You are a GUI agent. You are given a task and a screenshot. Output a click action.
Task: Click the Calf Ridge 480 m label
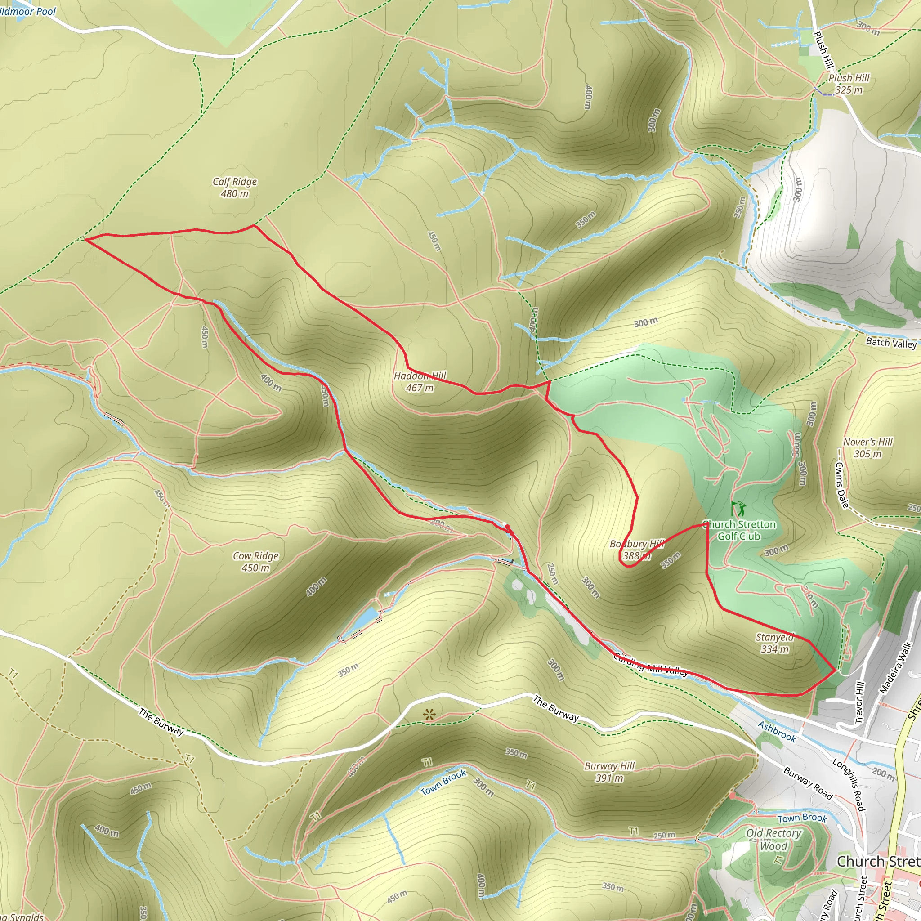[235, 188]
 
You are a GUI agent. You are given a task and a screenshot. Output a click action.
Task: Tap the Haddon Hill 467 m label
[420, 382]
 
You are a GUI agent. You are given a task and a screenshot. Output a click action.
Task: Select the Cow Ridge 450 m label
[255, 562]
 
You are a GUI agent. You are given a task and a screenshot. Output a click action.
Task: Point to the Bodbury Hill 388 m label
[636, 550]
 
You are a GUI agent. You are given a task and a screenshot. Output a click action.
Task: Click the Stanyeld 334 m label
[775, 643]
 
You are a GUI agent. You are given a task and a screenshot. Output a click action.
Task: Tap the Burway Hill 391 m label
[610, 772]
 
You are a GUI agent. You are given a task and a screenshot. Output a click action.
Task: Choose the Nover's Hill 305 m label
[867, 447]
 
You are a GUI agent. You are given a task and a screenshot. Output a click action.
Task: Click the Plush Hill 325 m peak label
[849, 84]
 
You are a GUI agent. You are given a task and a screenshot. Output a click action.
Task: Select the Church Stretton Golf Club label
[739, 530]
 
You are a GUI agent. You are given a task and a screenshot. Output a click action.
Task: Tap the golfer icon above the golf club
[738, 509]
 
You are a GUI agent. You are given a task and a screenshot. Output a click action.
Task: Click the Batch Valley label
[891, 342]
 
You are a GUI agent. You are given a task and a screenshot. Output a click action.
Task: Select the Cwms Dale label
[842, 484]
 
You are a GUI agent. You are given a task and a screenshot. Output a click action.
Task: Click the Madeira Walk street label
[896, 667]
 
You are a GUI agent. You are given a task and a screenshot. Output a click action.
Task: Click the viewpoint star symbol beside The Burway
[429, 714]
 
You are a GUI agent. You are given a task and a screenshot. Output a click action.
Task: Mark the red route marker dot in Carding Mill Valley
[508, 527]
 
